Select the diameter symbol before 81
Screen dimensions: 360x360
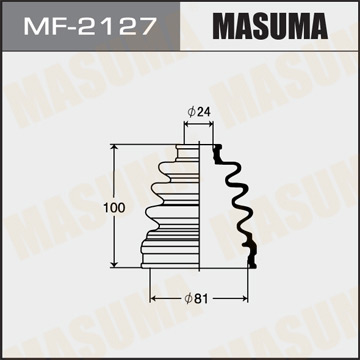coord(188,298)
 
